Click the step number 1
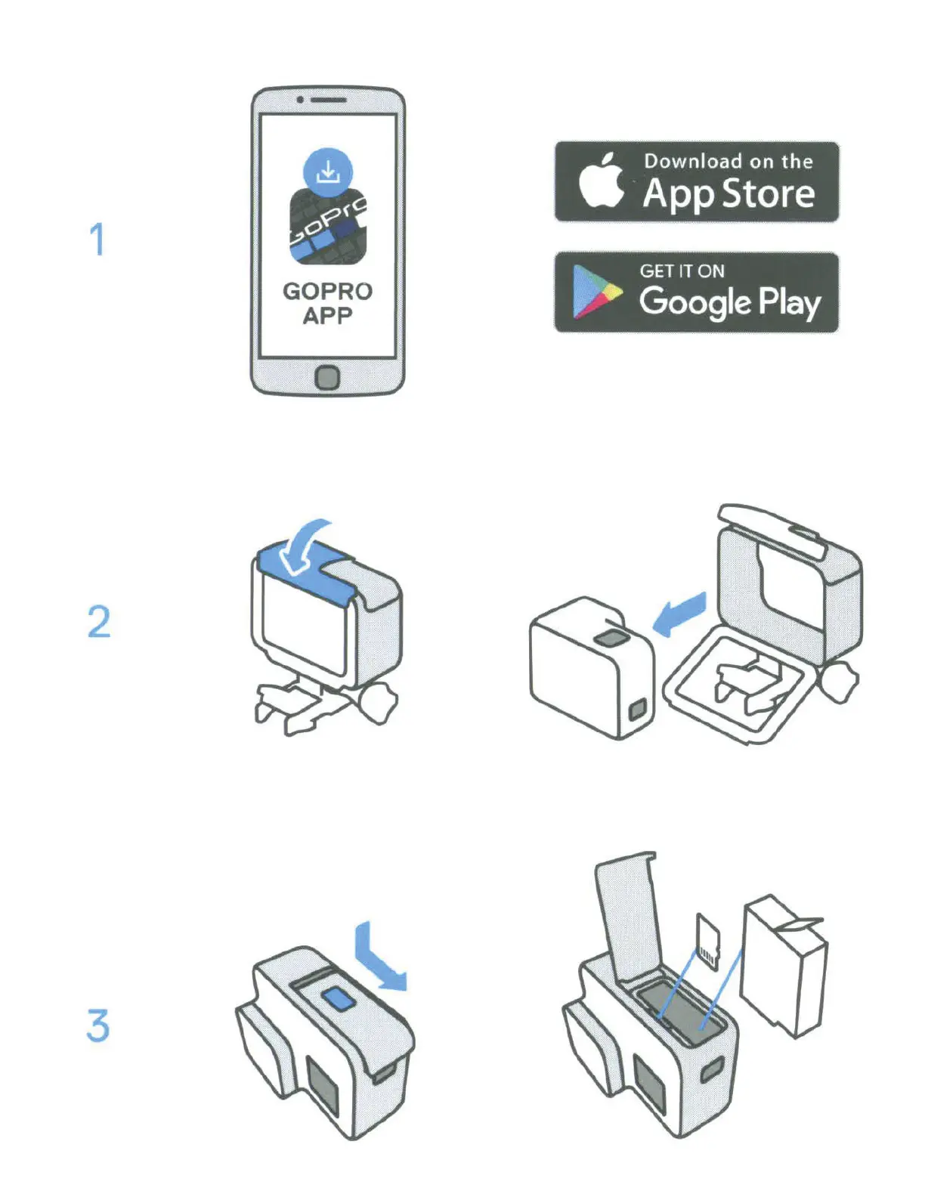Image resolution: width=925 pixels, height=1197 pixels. (x=97, y=239)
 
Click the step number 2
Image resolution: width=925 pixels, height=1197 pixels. (x=99, y=622)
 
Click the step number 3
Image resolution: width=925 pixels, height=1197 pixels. (x=98, y=1025)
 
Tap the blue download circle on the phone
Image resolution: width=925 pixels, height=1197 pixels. (x=327, y=172)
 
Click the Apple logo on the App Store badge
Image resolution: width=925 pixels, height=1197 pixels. (x=601, y=181)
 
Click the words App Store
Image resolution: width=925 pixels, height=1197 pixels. (x=729, y=193)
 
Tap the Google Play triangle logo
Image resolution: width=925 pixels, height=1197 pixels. (x=595, y=292)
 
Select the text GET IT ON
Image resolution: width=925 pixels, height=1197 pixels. (x=682, y=271)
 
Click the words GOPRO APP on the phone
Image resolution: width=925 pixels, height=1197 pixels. (x=327, y=303)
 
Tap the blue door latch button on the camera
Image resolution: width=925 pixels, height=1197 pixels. (x=339, y=999)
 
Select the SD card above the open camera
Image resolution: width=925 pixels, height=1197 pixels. (x=708, y=940)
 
